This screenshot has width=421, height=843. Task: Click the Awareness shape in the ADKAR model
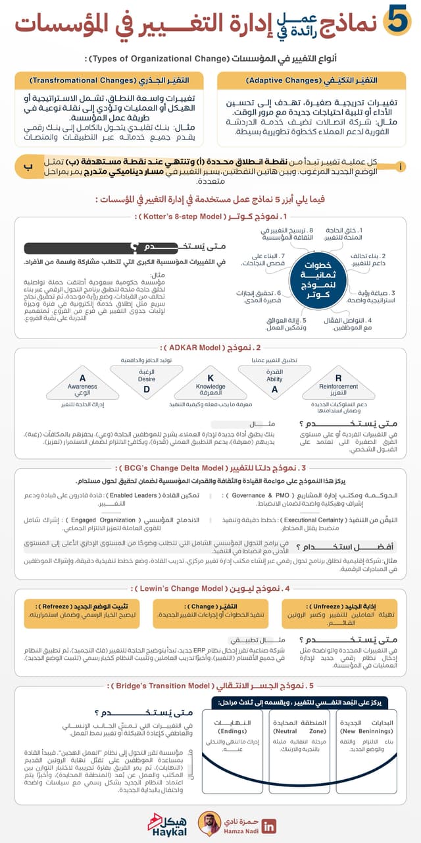pyautogui.click(x=82, y=385)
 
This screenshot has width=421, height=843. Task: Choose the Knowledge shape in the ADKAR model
pyautogui.click(x=211, y=385)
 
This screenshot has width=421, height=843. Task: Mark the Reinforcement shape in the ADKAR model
pyautogui.click(x=338, y=385)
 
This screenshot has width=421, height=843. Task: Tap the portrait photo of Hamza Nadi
pyautogui.click(x=209, y=823)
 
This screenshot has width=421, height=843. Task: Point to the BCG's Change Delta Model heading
pyautogui.click(x=210, y=468)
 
